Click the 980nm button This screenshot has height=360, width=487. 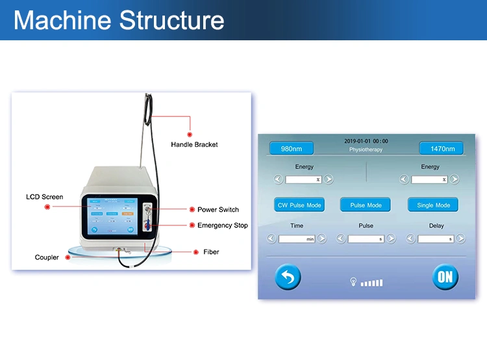pos(292,148)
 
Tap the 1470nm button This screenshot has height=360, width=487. pos(441,148)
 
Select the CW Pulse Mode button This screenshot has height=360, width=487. pos(299,205)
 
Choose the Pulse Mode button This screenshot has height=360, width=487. pos(366,205)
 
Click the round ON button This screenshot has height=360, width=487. pos(445,277)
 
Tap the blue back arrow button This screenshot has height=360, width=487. pos(288,277)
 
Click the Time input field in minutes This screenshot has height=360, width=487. pos(297,239)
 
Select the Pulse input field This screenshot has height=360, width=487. pos(366,239)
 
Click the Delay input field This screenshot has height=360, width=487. pos(436,239)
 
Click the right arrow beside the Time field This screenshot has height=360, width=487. pos(322,239)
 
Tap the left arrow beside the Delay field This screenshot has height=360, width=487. pos(410,239)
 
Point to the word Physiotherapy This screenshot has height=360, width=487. pos(366,149)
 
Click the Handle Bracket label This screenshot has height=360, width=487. pos(194,144)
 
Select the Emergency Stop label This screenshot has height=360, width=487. pos(223,225)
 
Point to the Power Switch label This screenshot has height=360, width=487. pos(218,209)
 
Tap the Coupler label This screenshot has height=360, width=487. pos(47,257)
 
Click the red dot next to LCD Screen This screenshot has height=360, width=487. pos(47,207)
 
